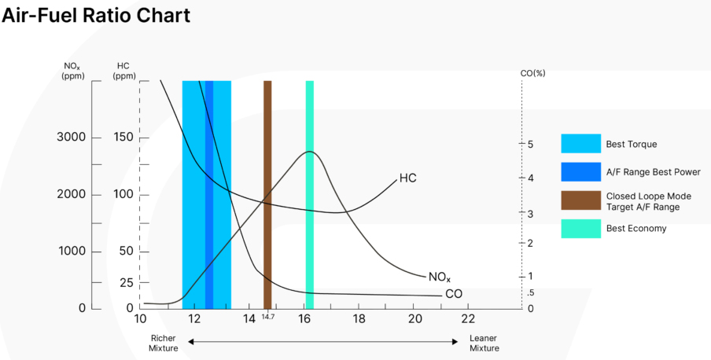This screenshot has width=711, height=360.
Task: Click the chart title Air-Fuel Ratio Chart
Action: [x=95, y=15]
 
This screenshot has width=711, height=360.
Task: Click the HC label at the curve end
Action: [x=407, y=178]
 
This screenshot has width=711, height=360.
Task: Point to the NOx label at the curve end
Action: [x=440, y=277]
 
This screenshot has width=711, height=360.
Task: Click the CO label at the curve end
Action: [x=454, y=294]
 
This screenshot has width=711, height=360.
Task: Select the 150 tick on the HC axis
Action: [x=123, y=138]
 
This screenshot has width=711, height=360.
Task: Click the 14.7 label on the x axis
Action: [x=267, y=317]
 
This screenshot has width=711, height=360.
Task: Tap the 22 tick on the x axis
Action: [x=468, y=318]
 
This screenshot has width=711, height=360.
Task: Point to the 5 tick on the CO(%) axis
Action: [x=530, y=145]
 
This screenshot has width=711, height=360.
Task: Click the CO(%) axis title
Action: [x=532, y=73]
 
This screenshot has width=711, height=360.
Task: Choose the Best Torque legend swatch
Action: [x=580, y=144]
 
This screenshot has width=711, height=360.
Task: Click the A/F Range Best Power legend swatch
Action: [x=580, y=171]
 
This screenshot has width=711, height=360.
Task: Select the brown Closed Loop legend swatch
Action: [x=580, y=200]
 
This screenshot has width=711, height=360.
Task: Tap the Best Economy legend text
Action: [x=636, y=229]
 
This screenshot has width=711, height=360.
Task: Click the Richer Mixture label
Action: [x=164, y=343]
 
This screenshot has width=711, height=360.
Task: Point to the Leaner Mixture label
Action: [x=484, y=343]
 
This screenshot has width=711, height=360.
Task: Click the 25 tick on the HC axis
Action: [x=126, y=281]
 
